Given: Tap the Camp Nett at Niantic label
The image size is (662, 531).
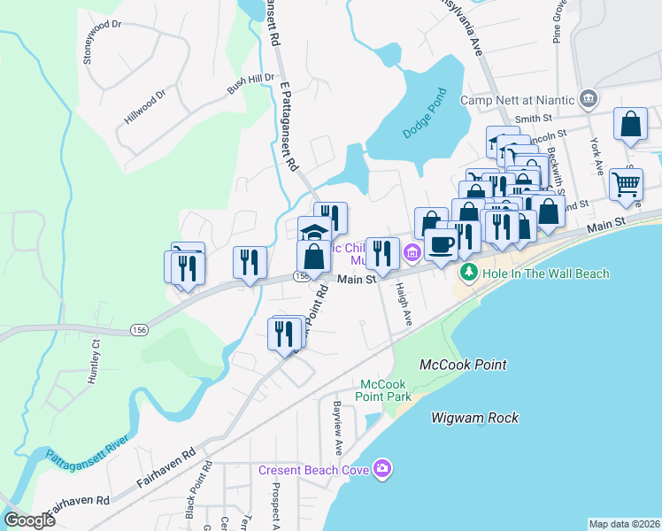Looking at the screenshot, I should (518, 99).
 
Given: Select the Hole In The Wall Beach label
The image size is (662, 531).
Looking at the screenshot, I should (545, 273).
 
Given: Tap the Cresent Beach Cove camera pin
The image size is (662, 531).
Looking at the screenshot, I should (382, 468).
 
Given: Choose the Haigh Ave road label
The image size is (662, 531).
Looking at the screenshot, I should (406, 302).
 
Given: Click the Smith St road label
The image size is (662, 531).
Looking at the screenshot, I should (534, 117).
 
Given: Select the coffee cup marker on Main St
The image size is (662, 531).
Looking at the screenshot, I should (441, 244).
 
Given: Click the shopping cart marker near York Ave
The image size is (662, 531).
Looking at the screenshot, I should (626, 184).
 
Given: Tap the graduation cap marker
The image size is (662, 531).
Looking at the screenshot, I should (313, 232).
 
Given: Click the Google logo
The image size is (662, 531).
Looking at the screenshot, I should (29, 520).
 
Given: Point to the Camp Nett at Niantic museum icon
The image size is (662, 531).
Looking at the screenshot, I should (589, 98).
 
